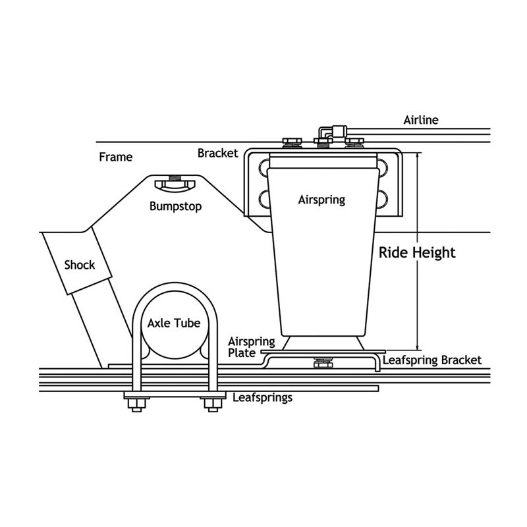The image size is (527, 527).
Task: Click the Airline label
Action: point(421,120)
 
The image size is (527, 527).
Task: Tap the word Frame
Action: point(115,157)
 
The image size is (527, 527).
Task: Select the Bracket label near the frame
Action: point(217,153)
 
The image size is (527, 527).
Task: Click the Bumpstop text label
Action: point(175,206)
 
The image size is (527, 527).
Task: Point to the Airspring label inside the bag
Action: point(321,199)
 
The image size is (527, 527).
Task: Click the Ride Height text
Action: point(417,253)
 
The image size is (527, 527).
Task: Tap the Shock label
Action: point(80,265)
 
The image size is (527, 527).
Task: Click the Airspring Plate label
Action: point(242,347)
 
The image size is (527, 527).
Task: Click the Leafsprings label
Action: point(262,398)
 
